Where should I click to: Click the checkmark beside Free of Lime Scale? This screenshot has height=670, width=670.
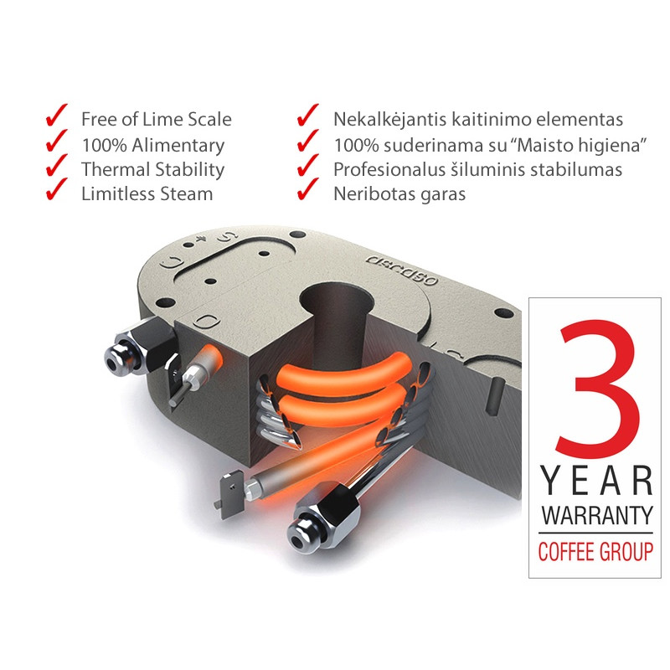(x=56, y=116)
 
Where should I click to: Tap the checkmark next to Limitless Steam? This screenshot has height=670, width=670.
(x=56, y=189)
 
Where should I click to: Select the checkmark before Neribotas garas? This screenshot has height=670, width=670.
(x=307, y=189)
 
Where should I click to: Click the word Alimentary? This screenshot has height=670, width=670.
(x=178, y=146)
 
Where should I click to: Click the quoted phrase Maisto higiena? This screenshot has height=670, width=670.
(x=578, y=145)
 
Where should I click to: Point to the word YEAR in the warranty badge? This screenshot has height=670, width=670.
(x=596, y=480)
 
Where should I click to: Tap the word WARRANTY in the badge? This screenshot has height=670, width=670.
(x=597, y=515)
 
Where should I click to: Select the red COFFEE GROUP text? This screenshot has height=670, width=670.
(x=595, y=551)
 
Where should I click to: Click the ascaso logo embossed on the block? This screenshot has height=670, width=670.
(x=402, y=269)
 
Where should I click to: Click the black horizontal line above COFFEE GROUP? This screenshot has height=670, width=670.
(x=595, y=533)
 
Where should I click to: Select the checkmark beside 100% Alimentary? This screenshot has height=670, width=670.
(x=56, y=141)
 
